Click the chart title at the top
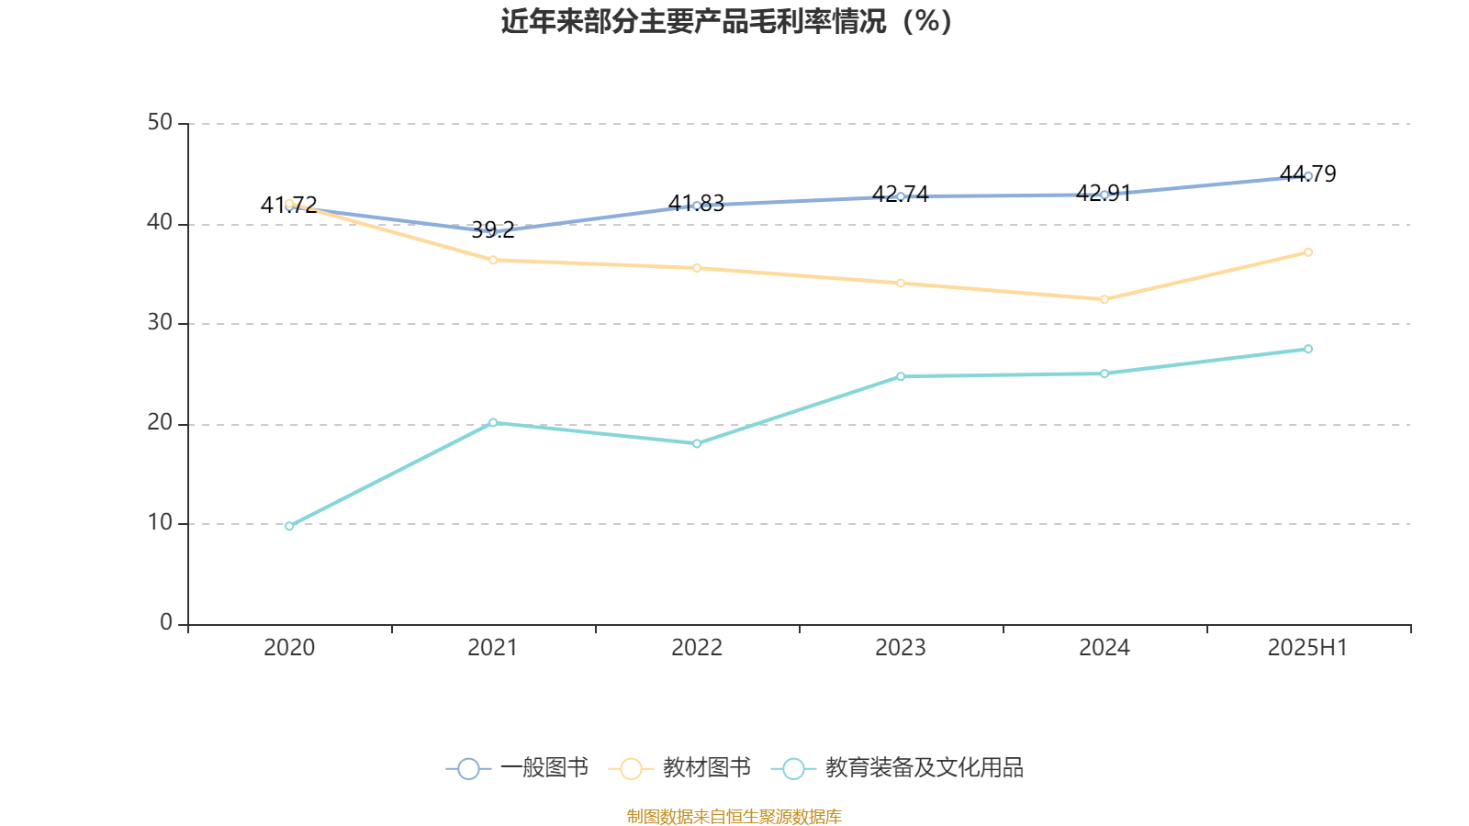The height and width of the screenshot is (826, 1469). coord(727,22)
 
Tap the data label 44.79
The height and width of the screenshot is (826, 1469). coord(1307,173)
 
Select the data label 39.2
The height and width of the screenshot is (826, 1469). coord(493,229)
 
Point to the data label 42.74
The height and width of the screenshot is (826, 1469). coord(900,194)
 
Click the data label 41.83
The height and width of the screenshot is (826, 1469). coord(696,203)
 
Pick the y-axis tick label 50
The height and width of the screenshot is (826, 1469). coord(160,123)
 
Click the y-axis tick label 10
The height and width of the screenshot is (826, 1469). coord(160,523)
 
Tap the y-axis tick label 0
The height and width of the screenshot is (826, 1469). coord(165,623)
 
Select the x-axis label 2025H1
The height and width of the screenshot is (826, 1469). coord(1306,648)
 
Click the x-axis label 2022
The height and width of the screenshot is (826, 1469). coord(697,648)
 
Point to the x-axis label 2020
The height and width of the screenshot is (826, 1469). coord(289,648)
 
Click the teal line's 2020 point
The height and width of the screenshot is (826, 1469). coord(289,526)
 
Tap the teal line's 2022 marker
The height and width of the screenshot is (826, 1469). coord(697,443)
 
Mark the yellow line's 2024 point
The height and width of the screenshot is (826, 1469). coord(1105,299)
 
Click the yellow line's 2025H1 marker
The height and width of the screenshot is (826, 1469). coord(1308,252)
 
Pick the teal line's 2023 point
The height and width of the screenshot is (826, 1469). coord(901,376)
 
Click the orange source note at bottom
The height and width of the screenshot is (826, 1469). coord(734,816)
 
